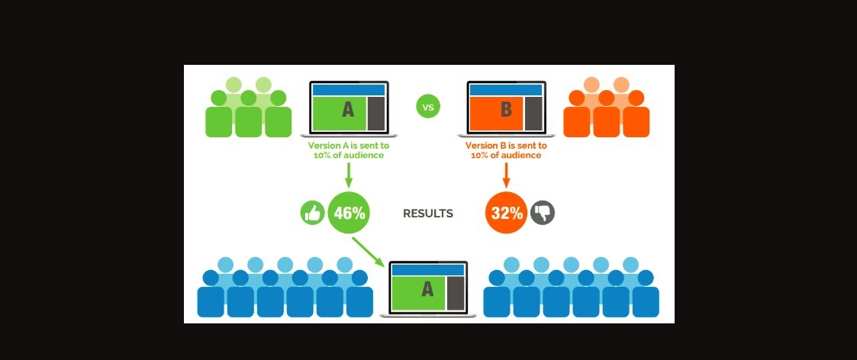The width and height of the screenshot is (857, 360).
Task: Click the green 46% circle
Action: point(349,213)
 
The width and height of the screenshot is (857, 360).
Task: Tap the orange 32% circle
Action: point(506,213)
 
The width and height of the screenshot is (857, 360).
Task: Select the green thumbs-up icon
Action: point(312,213)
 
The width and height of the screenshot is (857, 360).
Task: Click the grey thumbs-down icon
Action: point(543,213)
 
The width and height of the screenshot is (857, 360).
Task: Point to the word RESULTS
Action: point(427,214)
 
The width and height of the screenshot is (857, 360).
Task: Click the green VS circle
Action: point(428,107)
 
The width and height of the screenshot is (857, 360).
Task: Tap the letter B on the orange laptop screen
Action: point(505,110)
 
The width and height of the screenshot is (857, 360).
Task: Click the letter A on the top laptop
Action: point(348,110)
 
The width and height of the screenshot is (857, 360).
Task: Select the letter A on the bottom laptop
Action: point(427,289)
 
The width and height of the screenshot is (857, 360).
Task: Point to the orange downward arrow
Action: point(506,175)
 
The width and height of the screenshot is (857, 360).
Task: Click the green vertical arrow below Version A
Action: point(348,175)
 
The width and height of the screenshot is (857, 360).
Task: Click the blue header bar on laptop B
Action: point(506,90)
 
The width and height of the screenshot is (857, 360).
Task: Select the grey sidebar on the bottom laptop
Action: point(456,294)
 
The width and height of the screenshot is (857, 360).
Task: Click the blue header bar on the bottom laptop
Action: point(427,269)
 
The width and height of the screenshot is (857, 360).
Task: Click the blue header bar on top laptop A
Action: point(349,90)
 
